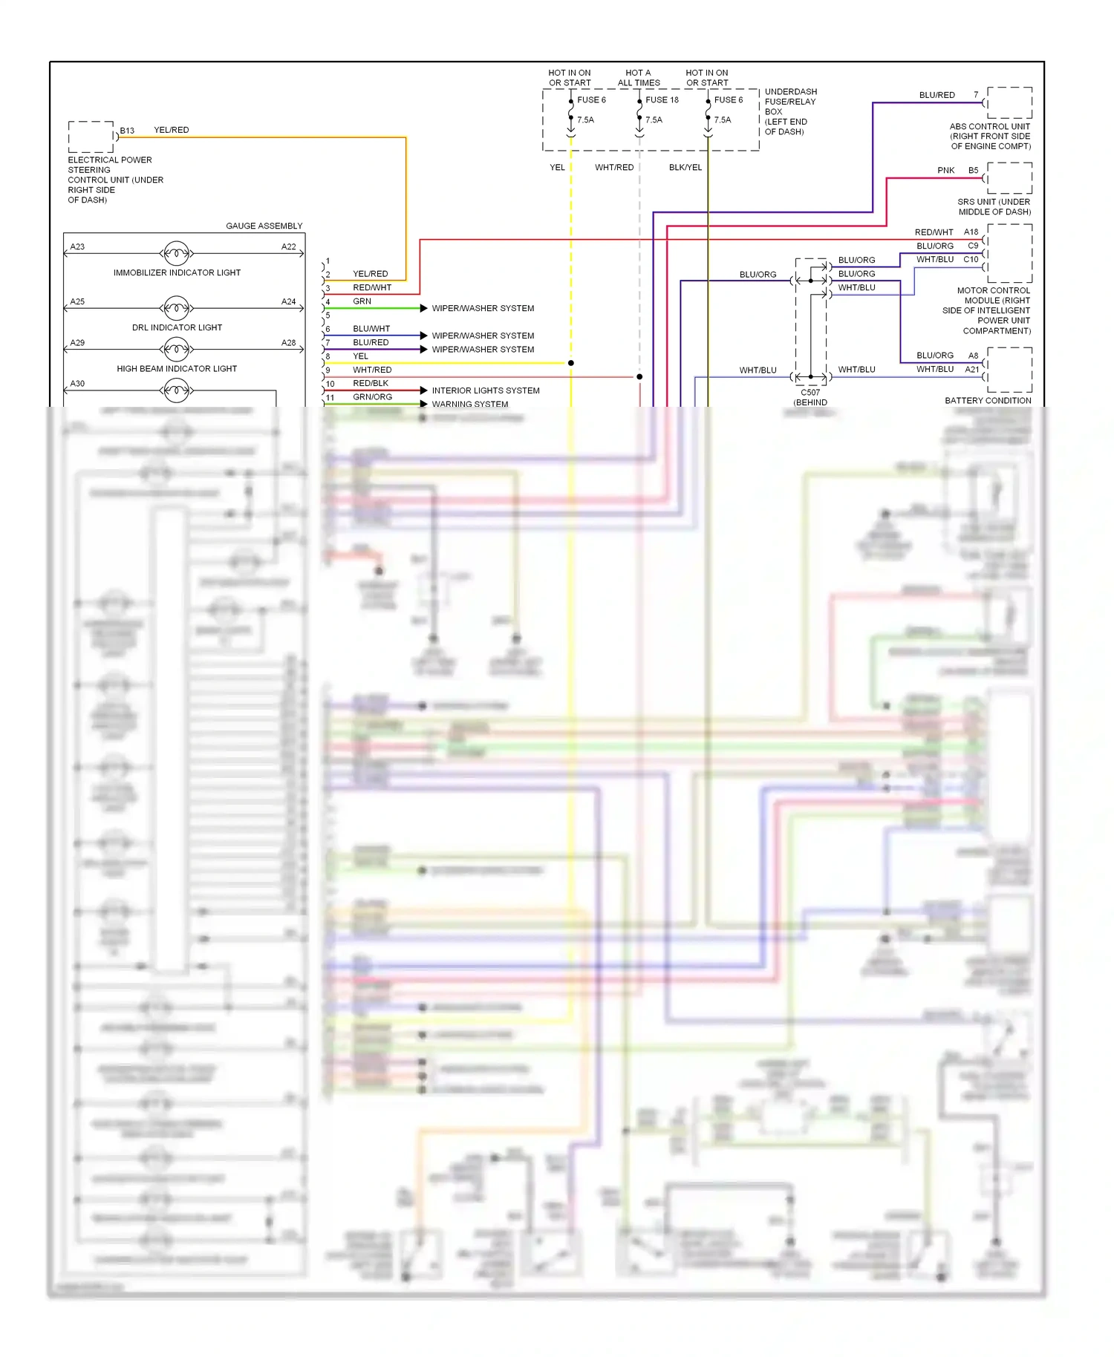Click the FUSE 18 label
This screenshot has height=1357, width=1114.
(662, 100)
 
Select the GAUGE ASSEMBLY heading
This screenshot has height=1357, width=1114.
(264, 226)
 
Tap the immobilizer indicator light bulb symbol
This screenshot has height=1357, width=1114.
(176, 254)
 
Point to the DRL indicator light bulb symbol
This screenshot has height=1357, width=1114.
(176, 308)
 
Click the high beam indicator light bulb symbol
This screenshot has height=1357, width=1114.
(176, 349)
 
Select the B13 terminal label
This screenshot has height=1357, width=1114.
(128, 131)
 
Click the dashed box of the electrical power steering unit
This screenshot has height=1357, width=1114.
(91, 137)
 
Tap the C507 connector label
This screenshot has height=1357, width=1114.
(810, 393)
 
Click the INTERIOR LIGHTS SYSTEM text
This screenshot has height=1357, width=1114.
(486, 390)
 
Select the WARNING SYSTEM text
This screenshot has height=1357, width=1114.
(470, 405)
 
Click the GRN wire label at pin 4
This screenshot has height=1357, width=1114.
(362, 301)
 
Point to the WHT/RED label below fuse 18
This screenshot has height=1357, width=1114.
(614, 168)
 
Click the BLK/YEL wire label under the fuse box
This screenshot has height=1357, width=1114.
(685, 168)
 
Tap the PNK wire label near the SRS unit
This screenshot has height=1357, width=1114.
(945, 171)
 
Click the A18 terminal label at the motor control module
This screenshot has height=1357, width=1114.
(971, 232)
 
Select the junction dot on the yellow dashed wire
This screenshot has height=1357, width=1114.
(570, 363)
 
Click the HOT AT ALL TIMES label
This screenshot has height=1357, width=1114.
(639, 78)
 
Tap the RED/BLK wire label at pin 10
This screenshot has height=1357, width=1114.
(371, 384)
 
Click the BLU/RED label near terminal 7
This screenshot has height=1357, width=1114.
(937, 95)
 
